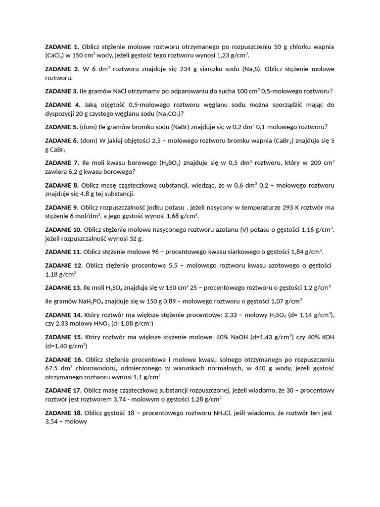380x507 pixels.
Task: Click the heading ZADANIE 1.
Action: click(62, 47)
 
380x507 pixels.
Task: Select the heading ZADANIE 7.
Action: click(62, 162)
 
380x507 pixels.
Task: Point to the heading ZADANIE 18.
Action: click(64, 412)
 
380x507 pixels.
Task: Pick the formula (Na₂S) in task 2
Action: click(251, 69)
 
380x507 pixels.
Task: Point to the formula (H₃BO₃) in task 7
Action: click(170, 162)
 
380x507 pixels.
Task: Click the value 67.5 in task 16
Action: click(51, 368)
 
